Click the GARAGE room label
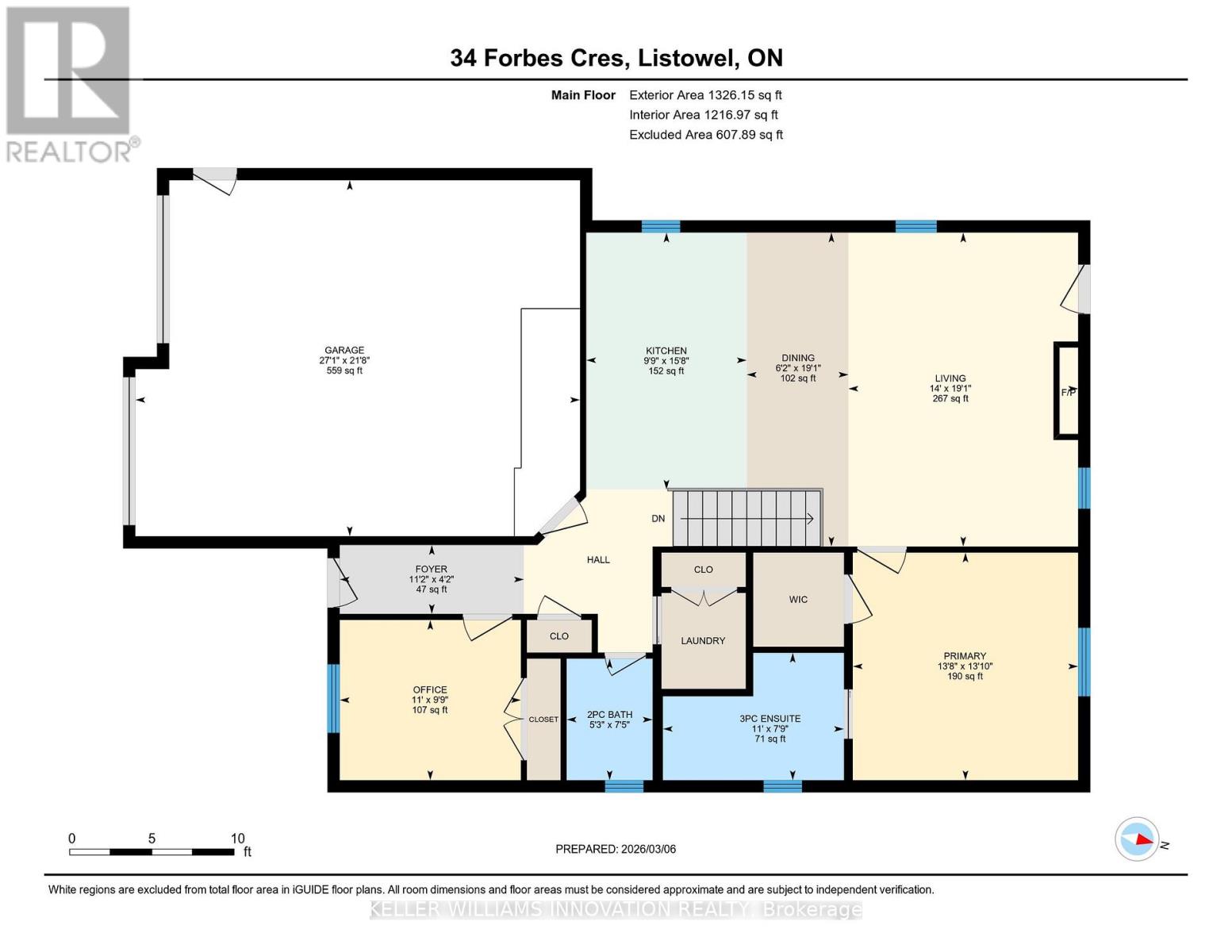pyautogui.click(x=344, y=351)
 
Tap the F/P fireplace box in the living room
pyautogui.click(x=1067, y=391)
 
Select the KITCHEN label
pyautogui.click(x=666, y=351)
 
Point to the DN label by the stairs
pyautogui.click(x=658, y=518)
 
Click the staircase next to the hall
pyautogui.click(x=746, y=518)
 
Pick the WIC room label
pyautogui.click(x=798, y=599)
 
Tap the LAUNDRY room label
pyautogui.click(x=703, y=641)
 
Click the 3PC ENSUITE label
pyautogui.click(x=770, y=719)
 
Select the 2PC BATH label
pyautogui.click(x=609, y=715)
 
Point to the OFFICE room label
pyautogui.click(x=430, y=689)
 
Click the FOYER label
pyautogui.click(x=431, y=569)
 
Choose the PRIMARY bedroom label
pyautogui.click(x=965, y=655)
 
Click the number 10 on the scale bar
pyautogui.click(x=237, y=838)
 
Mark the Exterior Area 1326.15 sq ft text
pyautogui.click(x=705, y=95)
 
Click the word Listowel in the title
pyautogui.click(x=688, y=58)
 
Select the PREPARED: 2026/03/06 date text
pyautogui.click(x=616, y=849)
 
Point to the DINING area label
pyautogui.click(x=798, y=358)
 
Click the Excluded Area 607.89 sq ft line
pyautogui.click(x=706, y=135)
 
